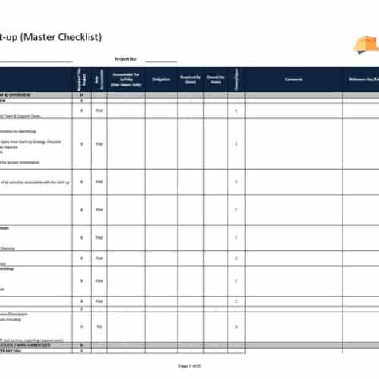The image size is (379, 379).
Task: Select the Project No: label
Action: click(x=125, y=58)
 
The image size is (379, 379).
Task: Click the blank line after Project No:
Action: click(x=160, y=60)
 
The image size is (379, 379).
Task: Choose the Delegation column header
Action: click(x=161, y=79)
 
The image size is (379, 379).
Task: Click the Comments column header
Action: click(x=293, y=79)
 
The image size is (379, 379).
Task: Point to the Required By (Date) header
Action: click(x=190, y=79)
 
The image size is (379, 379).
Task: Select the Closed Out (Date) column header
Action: click(x=216, y=79)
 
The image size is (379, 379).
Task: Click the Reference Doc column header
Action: click(x=362, y=79)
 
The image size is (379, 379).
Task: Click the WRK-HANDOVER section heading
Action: click(x=23, y=346)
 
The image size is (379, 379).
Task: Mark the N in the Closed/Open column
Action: click(x=237, y=327)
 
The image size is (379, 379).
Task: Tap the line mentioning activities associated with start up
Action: click(x=34, y=182)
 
